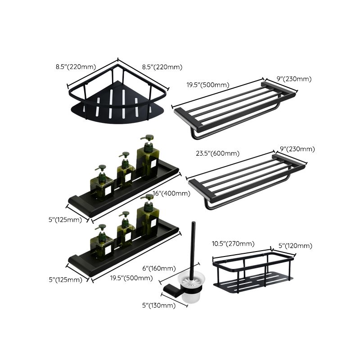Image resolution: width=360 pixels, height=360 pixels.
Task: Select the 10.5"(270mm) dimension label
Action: click(x=233, y=244)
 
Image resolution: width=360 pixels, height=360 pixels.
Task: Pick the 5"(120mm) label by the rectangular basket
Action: click(x=295, y=246)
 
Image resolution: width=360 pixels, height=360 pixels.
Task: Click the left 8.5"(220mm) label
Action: click(x=76, y=67)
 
